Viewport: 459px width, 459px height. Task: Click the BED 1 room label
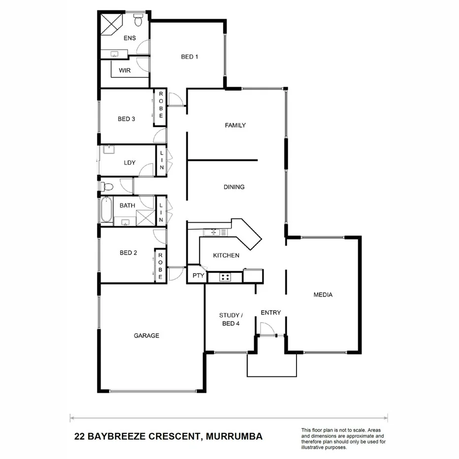(190, 57)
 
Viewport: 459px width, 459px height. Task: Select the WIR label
(124, 70)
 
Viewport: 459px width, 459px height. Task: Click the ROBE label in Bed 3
(161, 104)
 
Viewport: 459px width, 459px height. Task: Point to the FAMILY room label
(235, 126)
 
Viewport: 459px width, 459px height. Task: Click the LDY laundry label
(130, 163)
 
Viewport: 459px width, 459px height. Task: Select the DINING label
(234, 187)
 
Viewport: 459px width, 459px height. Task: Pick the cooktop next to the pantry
(225, 278)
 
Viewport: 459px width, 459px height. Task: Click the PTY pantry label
(198, 276)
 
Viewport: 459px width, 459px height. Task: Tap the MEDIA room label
(323, 295)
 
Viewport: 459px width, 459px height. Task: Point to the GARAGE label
(147, 336)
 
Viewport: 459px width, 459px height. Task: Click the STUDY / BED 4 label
(229, 319)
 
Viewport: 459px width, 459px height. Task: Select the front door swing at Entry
(266, 328)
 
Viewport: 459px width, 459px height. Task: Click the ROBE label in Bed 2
(161, 266)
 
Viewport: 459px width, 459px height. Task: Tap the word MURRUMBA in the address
(234, 436)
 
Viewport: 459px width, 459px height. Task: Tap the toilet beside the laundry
(107, 187)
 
